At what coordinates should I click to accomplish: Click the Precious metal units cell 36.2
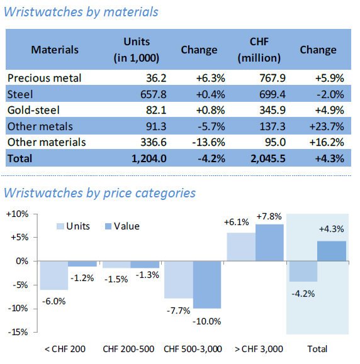tap(156, 78)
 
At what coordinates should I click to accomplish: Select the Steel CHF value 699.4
tap(272, 94)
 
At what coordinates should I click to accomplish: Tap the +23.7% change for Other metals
tap(327, 126)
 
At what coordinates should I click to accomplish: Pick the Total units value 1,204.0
tap(149, 158)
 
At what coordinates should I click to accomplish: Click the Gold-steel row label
tap(33, 110)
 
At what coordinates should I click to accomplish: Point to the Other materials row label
tap(47, 142)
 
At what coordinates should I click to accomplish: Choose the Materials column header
tap(55, 50)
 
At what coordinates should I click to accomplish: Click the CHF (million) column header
tap(259, 50)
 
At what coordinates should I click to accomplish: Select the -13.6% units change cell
tap(208, 142)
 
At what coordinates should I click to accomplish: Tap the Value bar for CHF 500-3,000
tap(207, 285)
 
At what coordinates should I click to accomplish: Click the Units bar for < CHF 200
tap(54, 275)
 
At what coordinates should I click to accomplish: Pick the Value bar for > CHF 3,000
tap(269, 243)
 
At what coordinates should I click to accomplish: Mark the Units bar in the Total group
tap(303, 272)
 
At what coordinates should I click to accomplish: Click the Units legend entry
tap(73, 226)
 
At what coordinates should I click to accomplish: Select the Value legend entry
tap(122, 226)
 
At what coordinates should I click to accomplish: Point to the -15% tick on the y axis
tap(35, 333)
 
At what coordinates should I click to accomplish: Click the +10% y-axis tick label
tap(18, 214)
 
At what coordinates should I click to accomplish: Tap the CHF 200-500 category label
tap(128, 349)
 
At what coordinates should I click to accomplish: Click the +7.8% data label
tap(269, 217)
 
